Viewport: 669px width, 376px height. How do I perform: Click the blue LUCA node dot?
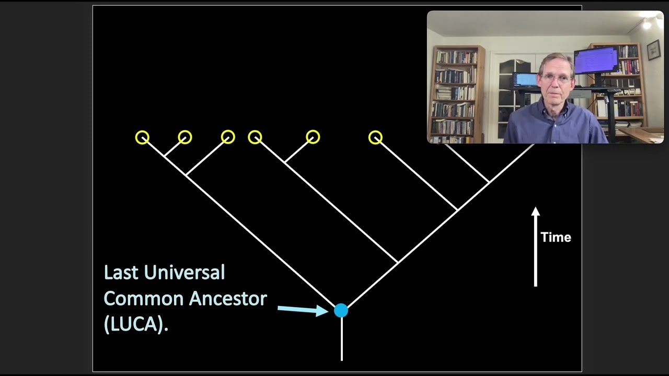coord(341,311)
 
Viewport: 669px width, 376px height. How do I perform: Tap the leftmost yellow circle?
coord(142,137)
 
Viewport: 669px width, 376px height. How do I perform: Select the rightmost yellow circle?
coord(375,137)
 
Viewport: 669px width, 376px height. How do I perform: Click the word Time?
coord(556,238)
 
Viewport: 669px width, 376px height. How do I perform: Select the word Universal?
coord(184,272)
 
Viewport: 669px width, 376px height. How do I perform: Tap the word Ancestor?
coord(228,299)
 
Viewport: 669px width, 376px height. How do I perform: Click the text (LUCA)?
coord(136,324)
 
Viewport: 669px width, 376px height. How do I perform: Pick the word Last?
coord(121,272)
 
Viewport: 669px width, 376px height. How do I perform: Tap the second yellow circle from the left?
coord(185,137)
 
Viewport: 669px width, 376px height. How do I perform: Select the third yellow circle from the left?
coord(228,137)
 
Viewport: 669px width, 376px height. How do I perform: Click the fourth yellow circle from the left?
coord(255,137)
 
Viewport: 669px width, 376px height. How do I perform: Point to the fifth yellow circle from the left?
coord(313,137)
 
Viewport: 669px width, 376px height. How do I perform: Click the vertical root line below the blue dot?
coord(341,339)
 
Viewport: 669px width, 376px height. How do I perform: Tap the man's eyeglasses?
coord(556,78)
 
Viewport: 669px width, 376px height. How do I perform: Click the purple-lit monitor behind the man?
coord(596,60)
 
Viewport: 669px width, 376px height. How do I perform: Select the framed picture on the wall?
coord(653,50)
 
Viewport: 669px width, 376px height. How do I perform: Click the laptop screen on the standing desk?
coord(525,79)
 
